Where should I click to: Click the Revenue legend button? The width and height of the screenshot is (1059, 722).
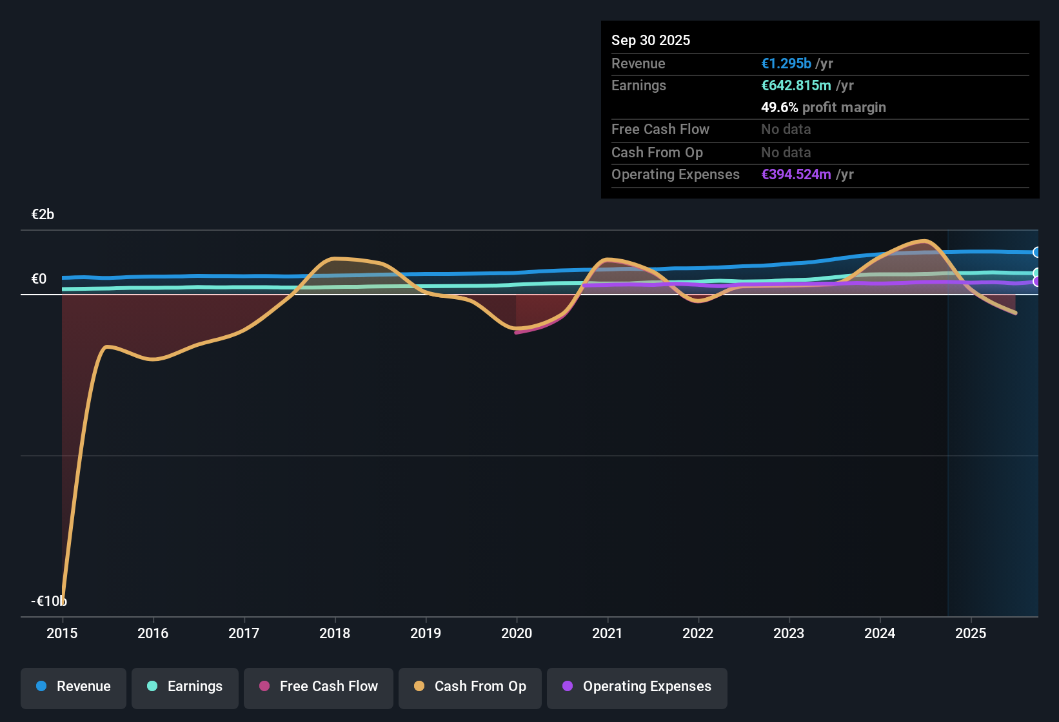click(74, 687)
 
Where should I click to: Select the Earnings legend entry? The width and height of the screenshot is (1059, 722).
click(185, 687)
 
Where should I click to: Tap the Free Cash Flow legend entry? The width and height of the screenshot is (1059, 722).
click(319, 687)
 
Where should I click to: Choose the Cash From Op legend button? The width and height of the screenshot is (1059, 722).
click(470, 687)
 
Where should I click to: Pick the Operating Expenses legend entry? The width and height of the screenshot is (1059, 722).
click(637, 687)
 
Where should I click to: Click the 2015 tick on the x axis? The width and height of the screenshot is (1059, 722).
click(62, 633)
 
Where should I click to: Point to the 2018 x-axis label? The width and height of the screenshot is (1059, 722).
click(335, 633)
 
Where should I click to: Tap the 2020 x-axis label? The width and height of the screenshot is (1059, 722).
click(517, 633)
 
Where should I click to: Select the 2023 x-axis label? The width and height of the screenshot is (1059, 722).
click(789, 633)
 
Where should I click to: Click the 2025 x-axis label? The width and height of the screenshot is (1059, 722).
click(971, 633)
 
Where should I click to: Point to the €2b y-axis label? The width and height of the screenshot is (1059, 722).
click(43, 215)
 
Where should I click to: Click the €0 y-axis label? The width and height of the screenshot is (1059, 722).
click(39, 279)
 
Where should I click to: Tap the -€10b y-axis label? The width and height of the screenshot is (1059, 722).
click(48, 601)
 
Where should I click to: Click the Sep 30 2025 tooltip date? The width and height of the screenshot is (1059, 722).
click(651, 40)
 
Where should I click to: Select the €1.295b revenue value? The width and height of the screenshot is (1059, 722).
click(786, 64)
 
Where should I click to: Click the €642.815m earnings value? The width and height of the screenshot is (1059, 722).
click(796, 86)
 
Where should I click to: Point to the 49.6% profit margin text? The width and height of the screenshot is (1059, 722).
click(823, 108)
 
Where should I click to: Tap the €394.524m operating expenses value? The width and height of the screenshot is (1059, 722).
click(796, 175)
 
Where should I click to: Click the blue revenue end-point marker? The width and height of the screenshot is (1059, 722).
click(1036, 252)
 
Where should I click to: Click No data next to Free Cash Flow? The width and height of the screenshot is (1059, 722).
click(786, 130)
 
